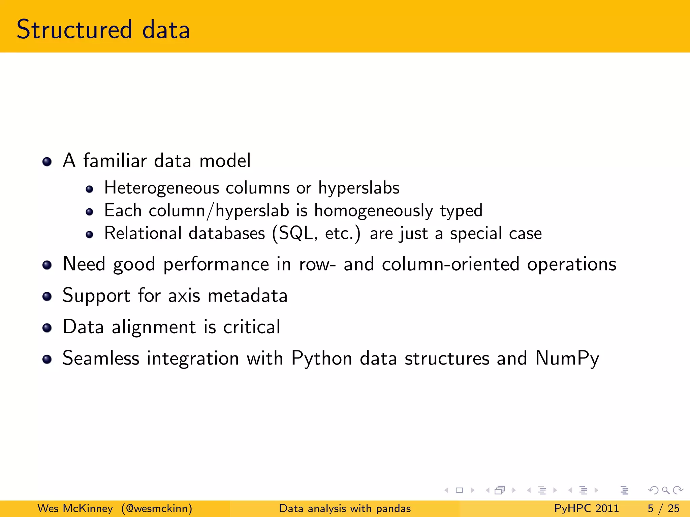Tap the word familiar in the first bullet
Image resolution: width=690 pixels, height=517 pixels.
coord(115,161)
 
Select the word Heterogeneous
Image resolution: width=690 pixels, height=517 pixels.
coord(162,188)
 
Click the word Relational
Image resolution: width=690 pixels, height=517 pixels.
coord(143,233)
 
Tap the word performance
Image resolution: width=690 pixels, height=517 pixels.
coord(216,265)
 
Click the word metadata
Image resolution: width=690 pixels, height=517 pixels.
coord(247,296)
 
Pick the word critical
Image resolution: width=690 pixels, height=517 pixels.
coord(251,327)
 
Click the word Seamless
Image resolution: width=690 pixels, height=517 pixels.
coord(101,358)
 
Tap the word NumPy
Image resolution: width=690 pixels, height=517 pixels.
coord(567,359)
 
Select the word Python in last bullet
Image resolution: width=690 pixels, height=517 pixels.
coord(322,359)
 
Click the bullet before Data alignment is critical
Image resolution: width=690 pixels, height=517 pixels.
coord(47,328)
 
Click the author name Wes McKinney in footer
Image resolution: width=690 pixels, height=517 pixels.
coord(75,508)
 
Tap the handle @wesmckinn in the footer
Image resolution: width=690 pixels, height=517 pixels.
coord(157,508)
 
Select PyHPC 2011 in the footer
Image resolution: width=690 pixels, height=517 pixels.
coord(586,508)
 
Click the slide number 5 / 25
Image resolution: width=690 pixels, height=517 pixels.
coord(663,508)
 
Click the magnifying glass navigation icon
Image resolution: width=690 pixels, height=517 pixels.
coord(665,490)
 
